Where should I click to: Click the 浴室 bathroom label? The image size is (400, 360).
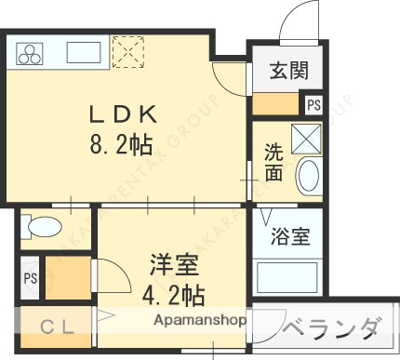click(291, 237)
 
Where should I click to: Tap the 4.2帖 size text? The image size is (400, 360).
click(174, 296)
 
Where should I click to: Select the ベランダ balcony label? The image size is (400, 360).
click(330, 330)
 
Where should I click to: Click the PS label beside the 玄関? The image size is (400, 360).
click(313, 104)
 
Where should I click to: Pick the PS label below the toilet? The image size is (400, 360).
click(30, 278)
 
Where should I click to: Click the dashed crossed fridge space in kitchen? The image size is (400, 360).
click(125, 50)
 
